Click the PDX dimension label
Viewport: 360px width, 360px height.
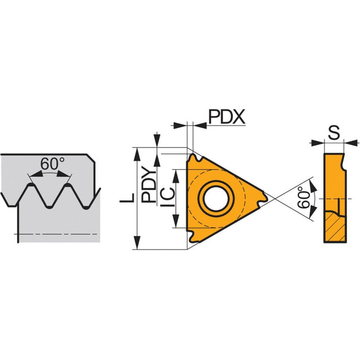(x=227, y=116)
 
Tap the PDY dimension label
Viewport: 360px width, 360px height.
(x=148, y=184)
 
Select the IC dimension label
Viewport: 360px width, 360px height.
(x=168, y=197)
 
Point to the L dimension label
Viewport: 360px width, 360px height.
(x=127, y=198)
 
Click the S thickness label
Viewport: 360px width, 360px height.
(x=334, y=133)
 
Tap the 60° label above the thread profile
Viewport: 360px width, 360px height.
(x=52, y=164)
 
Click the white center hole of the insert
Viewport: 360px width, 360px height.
(x=216, y=199)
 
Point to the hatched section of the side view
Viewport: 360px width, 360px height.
(x=335, y=227)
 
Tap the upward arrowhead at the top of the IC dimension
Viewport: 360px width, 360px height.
(x=176, y=176)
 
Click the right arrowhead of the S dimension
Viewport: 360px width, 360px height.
(x=351, y=143)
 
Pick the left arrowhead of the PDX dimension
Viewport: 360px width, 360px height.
(x=180, y=125)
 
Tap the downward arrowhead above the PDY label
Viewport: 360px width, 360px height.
(x=157, y=139)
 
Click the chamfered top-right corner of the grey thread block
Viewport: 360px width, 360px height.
(x=91, y=159)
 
